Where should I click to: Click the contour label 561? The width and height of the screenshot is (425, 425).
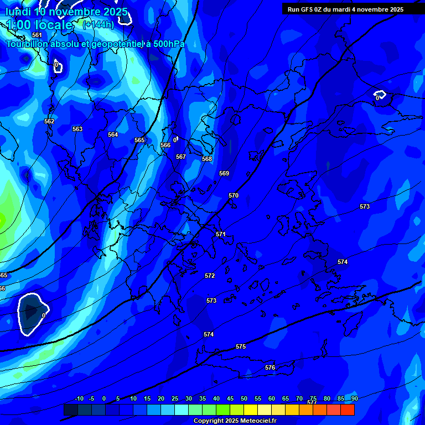click(x=37, y=35)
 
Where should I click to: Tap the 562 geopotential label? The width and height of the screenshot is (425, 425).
click(x=49, y=121)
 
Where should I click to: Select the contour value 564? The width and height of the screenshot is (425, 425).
click(x=113, y=134)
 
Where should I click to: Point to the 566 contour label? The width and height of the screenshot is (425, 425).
click(x=165, y=145)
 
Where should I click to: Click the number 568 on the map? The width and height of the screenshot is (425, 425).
click(x=207, y=159)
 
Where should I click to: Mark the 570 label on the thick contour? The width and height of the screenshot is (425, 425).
click(x=234, y=195)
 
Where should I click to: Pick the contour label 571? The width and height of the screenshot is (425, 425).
click(x=221, y=234)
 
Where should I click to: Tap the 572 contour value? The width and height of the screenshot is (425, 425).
click(x=210, y=276)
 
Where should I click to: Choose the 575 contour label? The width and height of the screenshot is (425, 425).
click(x=241, y=346)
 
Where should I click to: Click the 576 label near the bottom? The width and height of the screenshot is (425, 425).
click(x=270, y=367)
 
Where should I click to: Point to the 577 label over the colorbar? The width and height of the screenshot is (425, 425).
click(x=312, y=402)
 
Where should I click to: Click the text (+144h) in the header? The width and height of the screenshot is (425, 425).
click(x=99, y=24)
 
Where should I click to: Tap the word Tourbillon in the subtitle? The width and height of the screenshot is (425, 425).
click(x=28, y=44)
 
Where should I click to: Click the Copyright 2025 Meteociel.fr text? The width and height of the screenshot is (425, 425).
click(x=235, y=421)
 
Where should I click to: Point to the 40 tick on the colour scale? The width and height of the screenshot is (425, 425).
click(x=216, y=398)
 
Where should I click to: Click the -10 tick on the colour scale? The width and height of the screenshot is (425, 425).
click(x=79, y=398)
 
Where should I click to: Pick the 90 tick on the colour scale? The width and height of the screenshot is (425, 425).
click(x=354, y=398)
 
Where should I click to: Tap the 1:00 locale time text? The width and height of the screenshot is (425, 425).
click(x=39, y=25)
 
